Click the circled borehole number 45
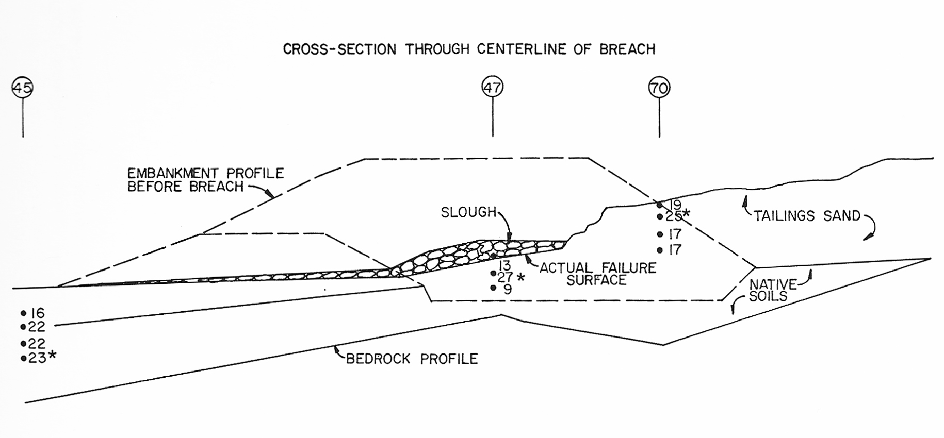(23, 88)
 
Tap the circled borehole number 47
(493, 87)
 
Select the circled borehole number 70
(659, 88)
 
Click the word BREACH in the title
(627, 49)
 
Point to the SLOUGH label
(468, 212)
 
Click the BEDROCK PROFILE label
(412, 359)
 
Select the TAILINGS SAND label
(807, 216)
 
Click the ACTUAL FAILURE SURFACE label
(597, 274)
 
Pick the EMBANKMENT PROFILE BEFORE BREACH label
(205, 180)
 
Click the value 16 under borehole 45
(37, 313)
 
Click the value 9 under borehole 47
(508, 290)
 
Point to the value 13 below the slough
(504, 265)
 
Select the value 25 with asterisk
(677, 216)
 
